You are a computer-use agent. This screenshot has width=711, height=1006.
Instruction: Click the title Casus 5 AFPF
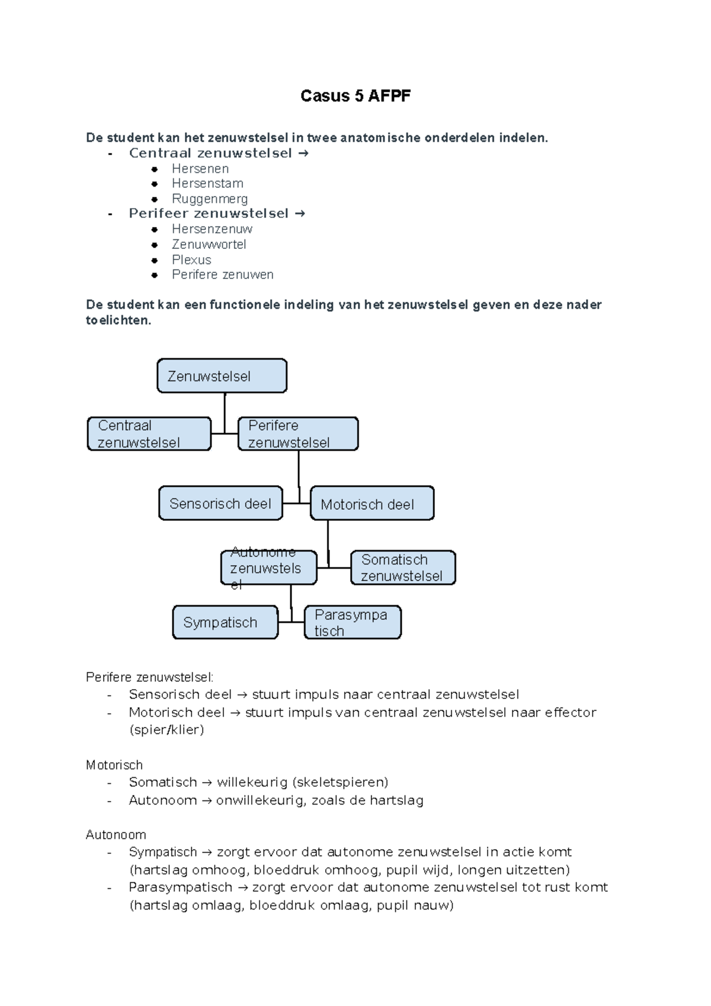tap(355, 96)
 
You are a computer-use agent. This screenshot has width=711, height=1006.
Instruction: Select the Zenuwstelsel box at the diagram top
tap(222, 376)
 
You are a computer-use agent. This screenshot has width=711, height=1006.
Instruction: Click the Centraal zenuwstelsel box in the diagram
tap(149, 434)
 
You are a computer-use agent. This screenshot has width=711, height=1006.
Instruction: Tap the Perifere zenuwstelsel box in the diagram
tap(298, 434)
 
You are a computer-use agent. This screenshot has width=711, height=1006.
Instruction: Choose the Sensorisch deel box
tap(220, 504)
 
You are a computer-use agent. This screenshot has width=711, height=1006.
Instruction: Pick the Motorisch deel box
tap(372, 504)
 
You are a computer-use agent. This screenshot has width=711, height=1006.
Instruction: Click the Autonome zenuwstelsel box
tap(269, 568)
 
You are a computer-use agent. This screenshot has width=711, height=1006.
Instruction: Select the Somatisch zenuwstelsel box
tap(403, 568)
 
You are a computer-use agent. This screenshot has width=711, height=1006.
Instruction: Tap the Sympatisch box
tap(225, 622)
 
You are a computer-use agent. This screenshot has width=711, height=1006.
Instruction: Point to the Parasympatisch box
tap(353, 622)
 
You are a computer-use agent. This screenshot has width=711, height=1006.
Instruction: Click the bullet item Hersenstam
tap(207, 184)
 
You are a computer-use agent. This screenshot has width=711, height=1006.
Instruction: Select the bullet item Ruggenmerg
tap(210, 199)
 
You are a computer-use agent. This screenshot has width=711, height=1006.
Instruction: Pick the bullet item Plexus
tap(191, 260)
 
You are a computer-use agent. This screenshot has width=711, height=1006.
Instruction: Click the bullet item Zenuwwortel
tap(209, 245)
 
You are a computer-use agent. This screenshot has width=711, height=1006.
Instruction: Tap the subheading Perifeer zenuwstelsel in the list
tap(209, 213)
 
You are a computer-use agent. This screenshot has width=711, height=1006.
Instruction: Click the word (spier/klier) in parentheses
tap(166, 730)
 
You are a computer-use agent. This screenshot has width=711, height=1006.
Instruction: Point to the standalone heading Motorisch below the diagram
tap(114, 765)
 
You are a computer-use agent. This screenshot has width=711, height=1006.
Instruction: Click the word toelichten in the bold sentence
tap(117, 321)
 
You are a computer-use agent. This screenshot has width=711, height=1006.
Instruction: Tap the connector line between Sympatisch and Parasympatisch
tap(291, 622)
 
